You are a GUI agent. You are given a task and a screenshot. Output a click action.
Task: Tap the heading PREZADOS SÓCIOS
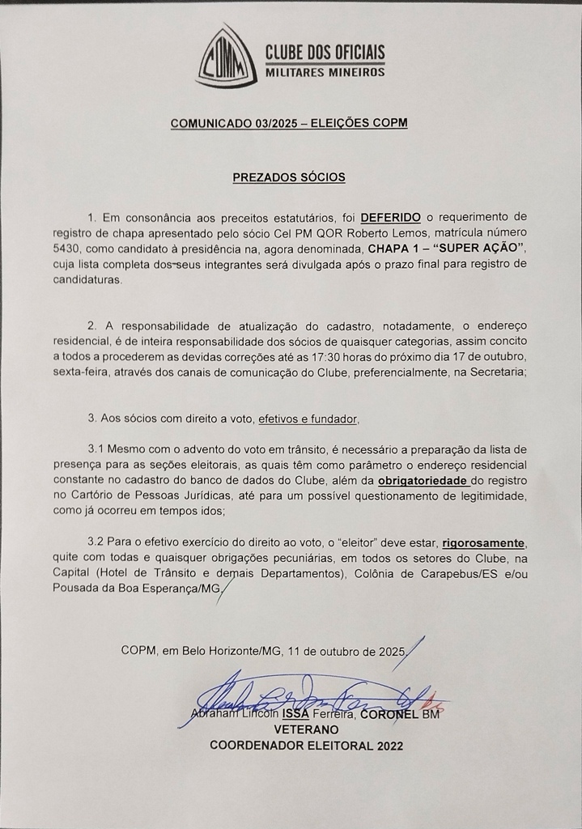coord(289,176)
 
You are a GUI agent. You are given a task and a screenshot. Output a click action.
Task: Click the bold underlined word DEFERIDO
coord(391,217)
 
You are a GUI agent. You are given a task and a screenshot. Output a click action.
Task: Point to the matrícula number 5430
coord(64,248)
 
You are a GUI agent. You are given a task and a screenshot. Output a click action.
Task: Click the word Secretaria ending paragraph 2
coord(495,372)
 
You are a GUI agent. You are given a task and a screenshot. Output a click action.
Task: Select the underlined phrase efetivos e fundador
coord(307,419)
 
